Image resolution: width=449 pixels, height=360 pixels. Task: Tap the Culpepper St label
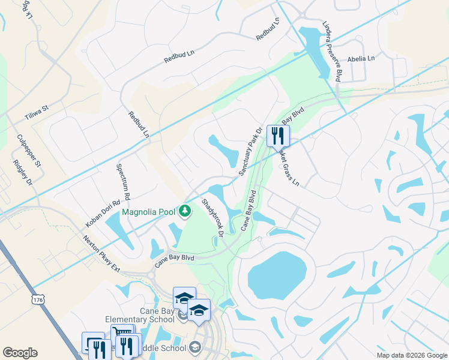pyautogui.click(x=28, y=150)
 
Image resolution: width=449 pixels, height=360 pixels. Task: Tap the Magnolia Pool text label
pyautogui.click(x=149, y=211)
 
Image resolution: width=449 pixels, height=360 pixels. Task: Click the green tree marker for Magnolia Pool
pyautogui.click(x=186, y=211)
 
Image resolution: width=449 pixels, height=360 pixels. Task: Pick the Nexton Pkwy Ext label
pyautogui.click(x=103, y=252)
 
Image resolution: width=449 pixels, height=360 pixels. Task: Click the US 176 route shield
pyautogui.click(x=38, y=298)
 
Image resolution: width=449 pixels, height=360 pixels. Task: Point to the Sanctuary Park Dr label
pyautogui.click(x=251, y=151)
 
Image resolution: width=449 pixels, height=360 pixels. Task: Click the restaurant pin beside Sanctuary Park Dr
pyautogui.click(x=278, y=136)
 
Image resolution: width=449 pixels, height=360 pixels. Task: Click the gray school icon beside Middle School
pyautogui.click(x=194, y=347)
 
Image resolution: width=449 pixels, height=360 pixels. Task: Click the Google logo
pyautogui.click(x=20, y=353)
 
